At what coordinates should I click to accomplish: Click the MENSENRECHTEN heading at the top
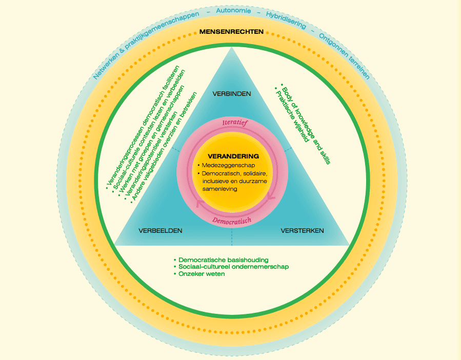pos(231,32)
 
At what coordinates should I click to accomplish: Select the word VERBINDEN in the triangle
pos(232,94)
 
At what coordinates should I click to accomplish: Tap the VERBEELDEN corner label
pos(161,231)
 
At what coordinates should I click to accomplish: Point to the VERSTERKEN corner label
pos(302,231)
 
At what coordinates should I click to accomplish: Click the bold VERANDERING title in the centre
pos(233,156)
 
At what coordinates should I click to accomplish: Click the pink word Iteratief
pos(234,124)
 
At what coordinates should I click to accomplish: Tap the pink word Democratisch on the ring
pos(232,220)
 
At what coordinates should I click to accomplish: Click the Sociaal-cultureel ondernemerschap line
pos(231,267)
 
